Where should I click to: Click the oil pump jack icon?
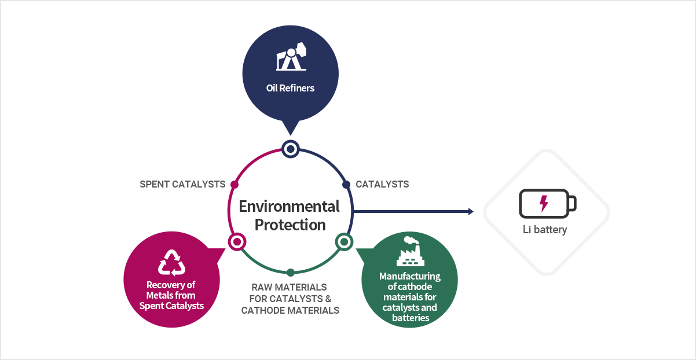coord(291,57)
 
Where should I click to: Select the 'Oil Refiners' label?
coord(290,88)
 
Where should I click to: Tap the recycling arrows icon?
coord(171,263)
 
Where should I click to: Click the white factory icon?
coord(410,251)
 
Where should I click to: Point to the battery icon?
coord(548,204)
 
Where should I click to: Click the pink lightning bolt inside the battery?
coord(544,204)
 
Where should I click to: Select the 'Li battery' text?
coord(545,230)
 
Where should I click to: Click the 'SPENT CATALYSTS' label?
coord(182,184)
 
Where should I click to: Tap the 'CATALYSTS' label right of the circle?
coord(382,184)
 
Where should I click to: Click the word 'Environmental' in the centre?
coord(289,207)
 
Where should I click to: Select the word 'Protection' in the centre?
coord(290,225)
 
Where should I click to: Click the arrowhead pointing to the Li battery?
coord(471,211)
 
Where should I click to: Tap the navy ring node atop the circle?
coord(291,149)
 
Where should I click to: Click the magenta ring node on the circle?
coord(237,242)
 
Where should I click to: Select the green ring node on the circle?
coord(344,242)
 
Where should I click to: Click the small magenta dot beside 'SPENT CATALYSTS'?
coord(235,185)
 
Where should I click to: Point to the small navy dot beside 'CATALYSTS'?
coord(346,185)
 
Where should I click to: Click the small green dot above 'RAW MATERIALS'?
coord(291,273)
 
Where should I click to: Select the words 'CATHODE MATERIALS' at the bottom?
coord(290,310)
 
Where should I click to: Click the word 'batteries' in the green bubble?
coord(411,318)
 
